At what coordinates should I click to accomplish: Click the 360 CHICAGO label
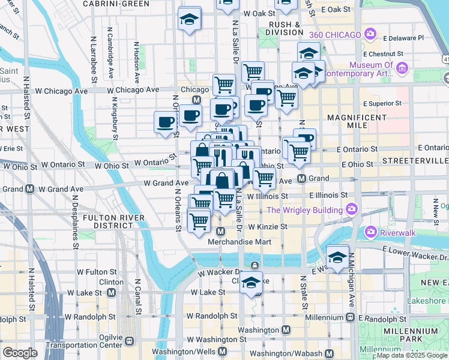tap(335, 34)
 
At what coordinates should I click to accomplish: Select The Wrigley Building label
tap(304, 210)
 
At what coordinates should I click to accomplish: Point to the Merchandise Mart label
tap(240, 242)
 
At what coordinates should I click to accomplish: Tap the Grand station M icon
tap(303, 179)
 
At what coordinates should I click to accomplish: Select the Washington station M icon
tap(286, 330)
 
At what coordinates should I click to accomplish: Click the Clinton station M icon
tap(112, 292)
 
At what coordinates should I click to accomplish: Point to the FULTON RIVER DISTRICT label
tap(108, 221)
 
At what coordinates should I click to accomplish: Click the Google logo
tap(20, 352)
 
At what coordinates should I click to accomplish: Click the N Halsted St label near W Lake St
tap(31, 286)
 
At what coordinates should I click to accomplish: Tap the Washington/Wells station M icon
tap(223, 352)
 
